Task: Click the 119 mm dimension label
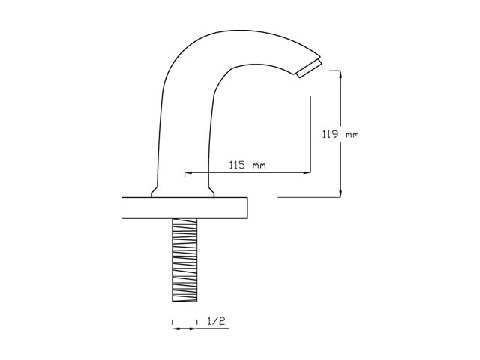(340, 134)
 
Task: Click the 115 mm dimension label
(247, 165)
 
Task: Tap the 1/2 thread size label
(216, 321)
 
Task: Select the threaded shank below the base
(184, 260)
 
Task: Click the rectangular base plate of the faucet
(184, 208)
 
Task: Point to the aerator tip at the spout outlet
(309, 68)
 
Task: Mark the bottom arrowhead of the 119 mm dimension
(340, 193)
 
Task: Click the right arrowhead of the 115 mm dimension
(307, 173)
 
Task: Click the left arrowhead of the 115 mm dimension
(188, 173)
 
